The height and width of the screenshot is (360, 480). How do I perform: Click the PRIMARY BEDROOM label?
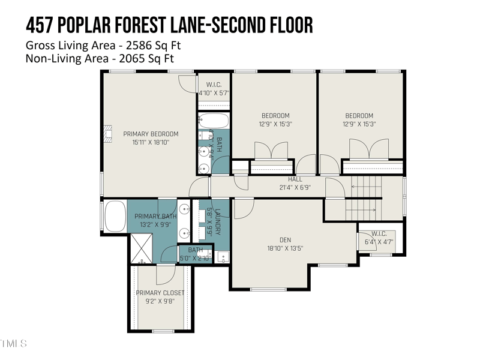151,134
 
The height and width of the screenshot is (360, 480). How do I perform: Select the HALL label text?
295,179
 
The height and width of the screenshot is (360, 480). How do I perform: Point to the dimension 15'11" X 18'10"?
151,143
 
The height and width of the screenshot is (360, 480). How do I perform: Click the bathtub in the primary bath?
115,216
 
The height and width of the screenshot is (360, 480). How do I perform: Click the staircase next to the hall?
363,197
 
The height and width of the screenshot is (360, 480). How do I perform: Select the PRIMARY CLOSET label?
160,293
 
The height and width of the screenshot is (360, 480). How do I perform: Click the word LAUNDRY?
218,221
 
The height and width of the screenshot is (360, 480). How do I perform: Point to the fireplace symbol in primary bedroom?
108,134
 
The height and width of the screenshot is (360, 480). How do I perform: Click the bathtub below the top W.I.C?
214,120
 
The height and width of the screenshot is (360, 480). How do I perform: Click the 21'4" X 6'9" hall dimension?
295,187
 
